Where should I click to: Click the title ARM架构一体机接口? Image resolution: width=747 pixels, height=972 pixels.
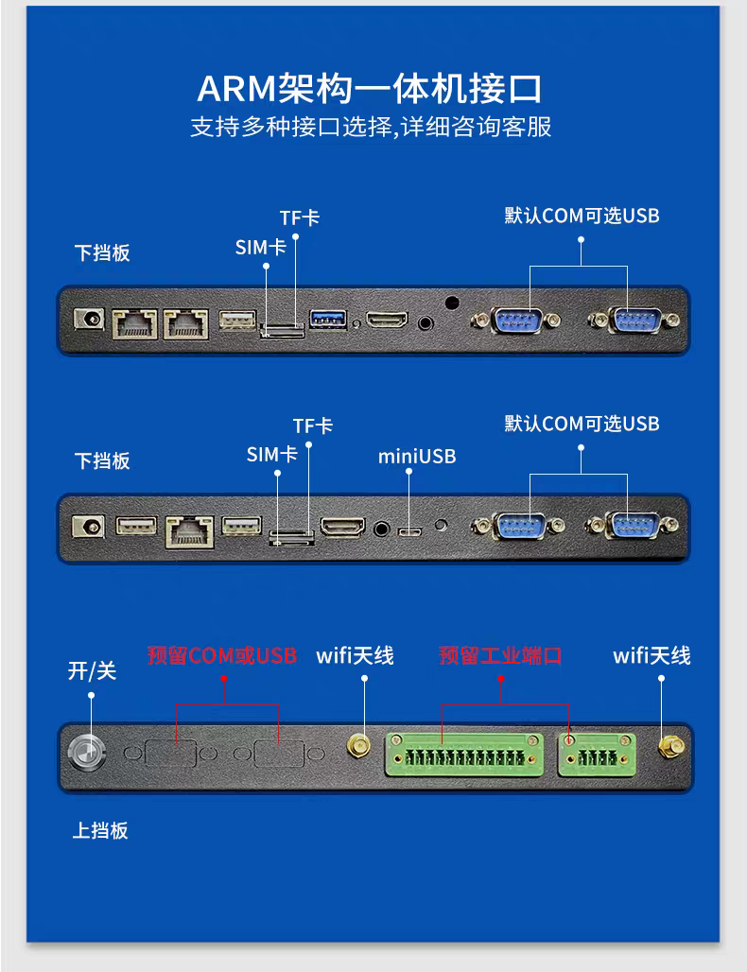coord(370,89)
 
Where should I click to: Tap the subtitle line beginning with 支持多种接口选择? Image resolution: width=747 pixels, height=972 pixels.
coord(371,127)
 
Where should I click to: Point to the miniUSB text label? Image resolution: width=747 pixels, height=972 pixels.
coord(417,457)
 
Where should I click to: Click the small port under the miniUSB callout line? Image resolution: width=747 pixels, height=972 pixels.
coord(409,532)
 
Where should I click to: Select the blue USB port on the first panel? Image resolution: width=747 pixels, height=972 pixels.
coord(328,320)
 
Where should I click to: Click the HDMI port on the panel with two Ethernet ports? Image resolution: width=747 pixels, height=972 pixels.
coord(387,320)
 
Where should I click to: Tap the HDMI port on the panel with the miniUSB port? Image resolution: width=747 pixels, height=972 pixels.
coord(343,527)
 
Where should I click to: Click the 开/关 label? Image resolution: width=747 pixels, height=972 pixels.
coord(93,670)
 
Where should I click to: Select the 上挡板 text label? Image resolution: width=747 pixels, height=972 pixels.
coord(100,830)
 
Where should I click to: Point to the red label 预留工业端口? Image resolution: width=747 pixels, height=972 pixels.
coord(500,655)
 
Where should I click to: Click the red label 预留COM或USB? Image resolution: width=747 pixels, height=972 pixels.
coord(222,655)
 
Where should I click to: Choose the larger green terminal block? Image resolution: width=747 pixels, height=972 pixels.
coord(464,755)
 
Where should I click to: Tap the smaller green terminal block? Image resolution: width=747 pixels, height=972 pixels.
coord(597,755)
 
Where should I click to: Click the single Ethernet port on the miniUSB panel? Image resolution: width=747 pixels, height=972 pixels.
coord(190,532)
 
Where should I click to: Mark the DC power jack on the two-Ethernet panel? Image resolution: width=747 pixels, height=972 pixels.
coord(89,320)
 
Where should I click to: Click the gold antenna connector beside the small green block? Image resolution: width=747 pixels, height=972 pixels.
coord(670,747)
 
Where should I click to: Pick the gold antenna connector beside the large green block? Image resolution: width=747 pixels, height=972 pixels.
coord(358,746)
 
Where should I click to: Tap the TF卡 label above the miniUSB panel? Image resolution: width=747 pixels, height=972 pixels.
coord(313,425)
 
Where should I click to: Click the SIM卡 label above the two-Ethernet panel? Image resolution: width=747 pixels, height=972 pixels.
coord(260,248)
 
